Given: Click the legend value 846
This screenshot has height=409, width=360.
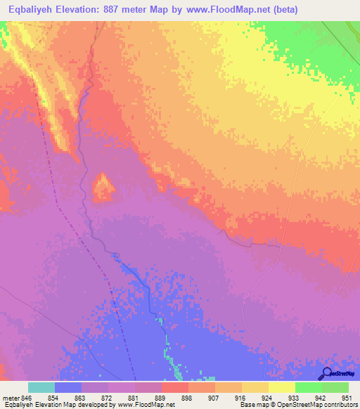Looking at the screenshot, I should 27,397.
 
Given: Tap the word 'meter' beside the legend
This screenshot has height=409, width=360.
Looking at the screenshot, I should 11,397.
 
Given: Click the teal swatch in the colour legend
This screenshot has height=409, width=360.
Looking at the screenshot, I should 41,387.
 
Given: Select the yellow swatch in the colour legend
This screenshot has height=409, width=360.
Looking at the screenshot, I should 282,387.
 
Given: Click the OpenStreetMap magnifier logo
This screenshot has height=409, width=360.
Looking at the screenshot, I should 326,373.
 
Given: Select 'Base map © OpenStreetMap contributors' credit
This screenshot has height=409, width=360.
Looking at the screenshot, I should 296,405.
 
